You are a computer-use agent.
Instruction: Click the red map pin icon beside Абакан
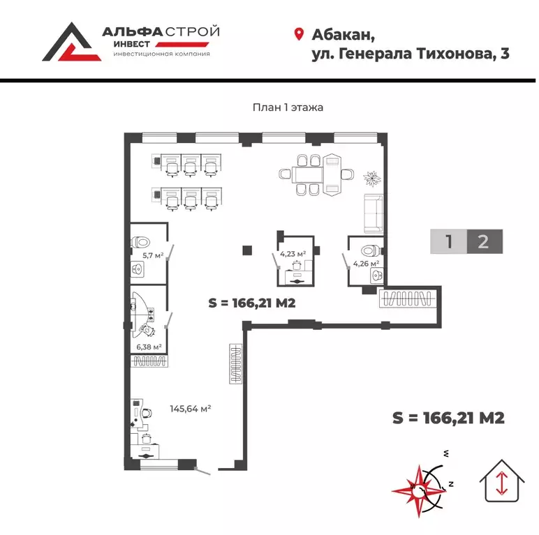[299, 34]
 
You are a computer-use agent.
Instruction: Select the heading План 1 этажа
[287, 107]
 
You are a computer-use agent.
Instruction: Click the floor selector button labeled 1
[448, 241]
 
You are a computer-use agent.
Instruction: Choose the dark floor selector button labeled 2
[483, 241]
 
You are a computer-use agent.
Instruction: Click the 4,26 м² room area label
[365, 264]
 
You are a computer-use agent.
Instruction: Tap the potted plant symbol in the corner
[374, 178]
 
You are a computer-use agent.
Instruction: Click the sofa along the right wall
[372, 213]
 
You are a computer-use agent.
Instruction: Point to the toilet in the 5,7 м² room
[142, 243]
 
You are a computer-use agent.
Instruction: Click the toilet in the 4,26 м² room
[368, 250]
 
